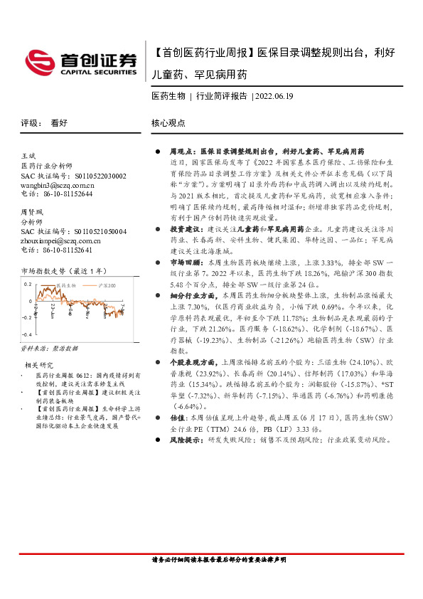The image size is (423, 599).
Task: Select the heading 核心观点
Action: [x=168, y=122]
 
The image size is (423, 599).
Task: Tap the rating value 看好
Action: [x=59, y=122]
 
